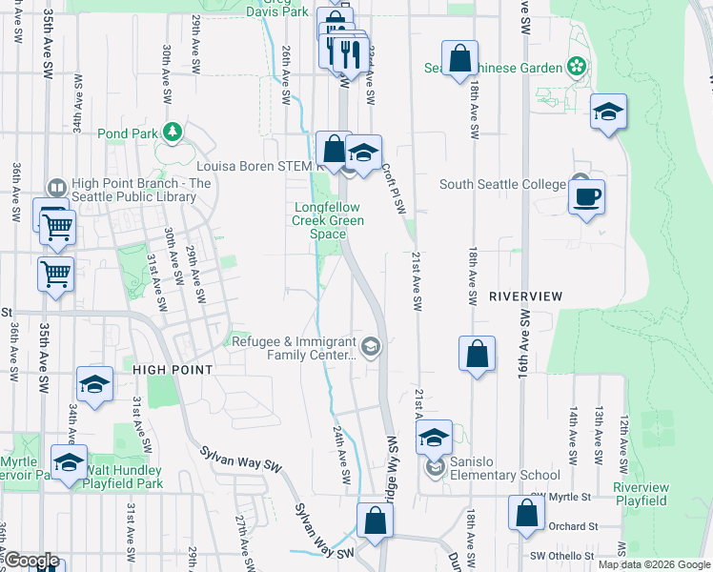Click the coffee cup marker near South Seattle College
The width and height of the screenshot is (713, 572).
point(586,197)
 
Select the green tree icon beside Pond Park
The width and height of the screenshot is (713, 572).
point(173,132)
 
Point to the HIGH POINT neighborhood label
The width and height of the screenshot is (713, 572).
point(172,369)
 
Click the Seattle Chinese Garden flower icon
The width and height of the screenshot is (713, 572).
point(576,67)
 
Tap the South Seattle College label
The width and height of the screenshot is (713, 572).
point(502,184)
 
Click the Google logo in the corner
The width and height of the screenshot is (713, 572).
point(31,561)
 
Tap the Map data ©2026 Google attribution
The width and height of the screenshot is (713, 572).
point(653,564)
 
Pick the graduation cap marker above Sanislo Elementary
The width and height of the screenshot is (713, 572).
point(434,438)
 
